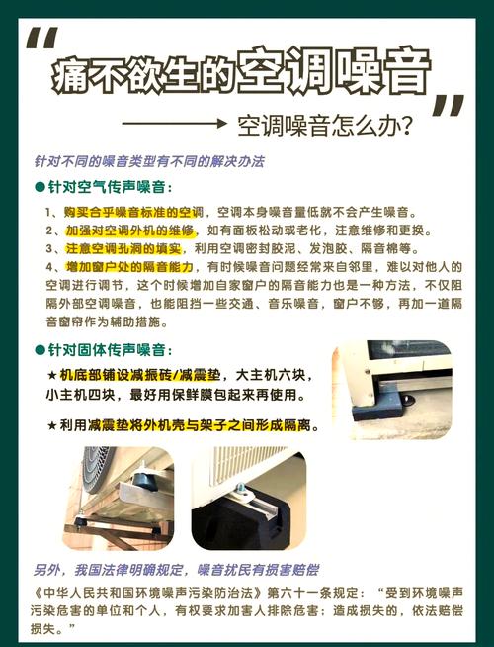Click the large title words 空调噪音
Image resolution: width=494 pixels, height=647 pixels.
pos(333,71)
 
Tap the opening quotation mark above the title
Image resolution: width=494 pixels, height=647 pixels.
pos(42,39)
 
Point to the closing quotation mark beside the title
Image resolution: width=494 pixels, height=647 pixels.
pos(449,106)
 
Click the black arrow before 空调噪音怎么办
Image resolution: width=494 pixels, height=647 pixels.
pos(175,123)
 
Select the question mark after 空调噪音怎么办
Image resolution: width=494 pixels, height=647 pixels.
pos(405,126)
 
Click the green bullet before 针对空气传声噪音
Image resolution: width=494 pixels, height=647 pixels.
pos(40,187)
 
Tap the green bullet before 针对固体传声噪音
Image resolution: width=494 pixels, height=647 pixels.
pos(40,350)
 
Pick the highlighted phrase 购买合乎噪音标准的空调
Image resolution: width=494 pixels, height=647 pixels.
pos(133,212)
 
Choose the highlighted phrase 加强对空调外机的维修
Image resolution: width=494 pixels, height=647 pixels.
pos(129,231)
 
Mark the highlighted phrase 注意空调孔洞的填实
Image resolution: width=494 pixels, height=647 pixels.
pos(123,249)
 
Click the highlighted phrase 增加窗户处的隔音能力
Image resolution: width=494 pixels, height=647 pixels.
pos(129,267)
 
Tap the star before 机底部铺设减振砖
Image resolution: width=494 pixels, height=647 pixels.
pos(52,376)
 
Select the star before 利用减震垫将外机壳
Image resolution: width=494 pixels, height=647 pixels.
pos(52,425)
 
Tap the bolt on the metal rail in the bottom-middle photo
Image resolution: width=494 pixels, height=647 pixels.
pos(242,488)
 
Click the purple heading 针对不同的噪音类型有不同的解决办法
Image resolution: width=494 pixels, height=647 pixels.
pos(149,161)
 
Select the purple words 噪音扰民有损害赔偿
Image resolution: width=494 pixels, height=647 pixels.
pos(258,570)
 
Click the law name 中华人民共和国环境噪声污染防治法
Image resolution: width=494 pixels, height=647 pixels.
pos(149,593)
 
